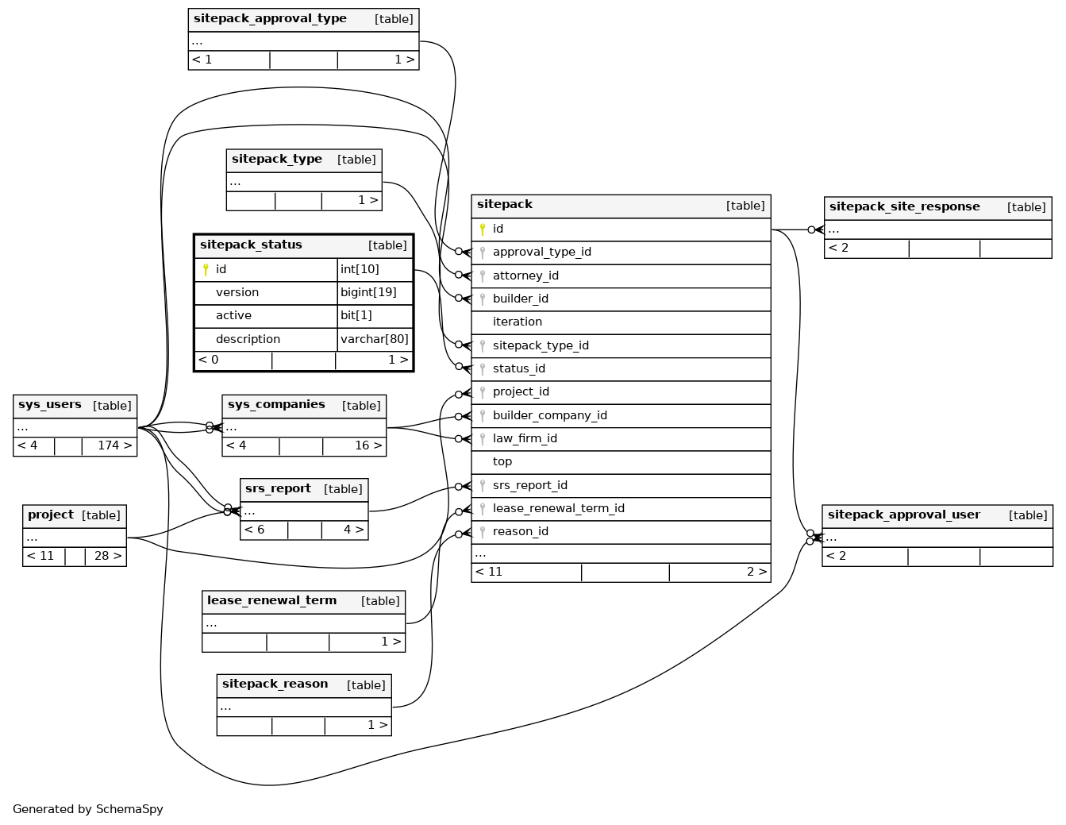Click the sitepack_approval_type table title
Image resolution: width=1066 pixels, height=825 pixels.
270,19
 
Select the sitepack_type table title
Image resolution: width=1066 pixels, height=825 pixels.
277,160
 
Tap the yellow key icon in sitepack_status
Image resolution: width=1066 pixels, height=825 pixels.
206,270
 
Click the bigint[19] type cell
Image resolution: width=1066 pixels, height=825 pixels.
368,292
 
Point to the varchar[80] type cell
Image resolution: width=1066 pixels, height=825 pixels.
374,339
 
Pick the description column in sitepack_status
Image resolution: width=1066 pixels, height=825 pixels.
248,339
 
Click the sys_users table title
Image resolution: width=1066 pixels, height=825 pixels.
50,405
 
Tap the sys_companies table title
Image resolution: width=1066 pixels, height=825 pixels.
276,405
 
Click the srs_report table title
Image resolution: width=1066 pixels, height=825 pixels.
278,489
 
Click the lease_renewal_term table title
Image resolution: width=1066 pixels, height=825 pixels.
271,601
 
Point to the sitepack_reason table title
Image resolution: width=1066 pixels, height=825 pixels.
275,684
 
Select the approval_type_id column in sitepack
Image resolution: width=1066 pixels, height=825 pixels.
541,253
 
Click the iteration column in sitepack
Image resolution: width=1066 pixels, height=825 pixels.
518,322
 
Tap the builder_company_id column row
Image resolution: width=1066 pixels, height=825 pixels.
549,415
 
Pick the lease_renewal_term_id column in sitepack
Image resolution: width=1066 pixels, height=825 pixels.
558,508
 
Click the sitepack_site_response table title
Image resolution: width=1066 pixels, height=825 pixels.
904,207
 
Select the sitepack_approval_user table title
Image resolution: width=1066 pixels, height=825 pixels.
903,515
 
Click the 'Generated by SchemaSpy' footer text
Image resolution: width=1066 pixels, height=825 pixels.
88,809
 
